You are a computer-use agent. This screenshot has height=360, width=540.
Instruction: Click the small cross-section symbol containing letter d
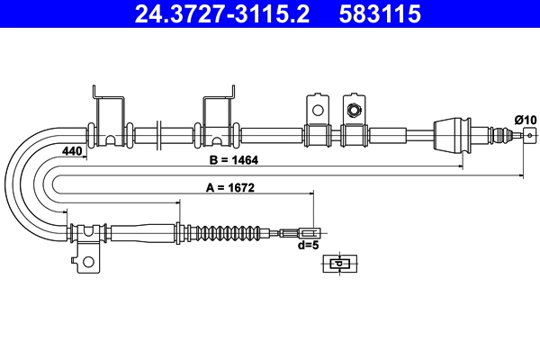338,264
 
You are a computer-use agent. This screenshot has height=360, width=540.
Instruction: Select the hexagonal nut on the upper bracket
355,111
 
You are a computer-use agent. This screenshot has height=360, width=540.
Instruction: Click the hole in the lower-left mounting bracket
87,263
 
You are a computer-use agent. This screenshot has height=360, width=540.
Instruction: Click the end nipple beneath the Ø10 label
527,136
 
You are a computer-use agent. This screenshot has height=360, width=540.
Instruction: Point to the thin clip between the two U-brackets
158,136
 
